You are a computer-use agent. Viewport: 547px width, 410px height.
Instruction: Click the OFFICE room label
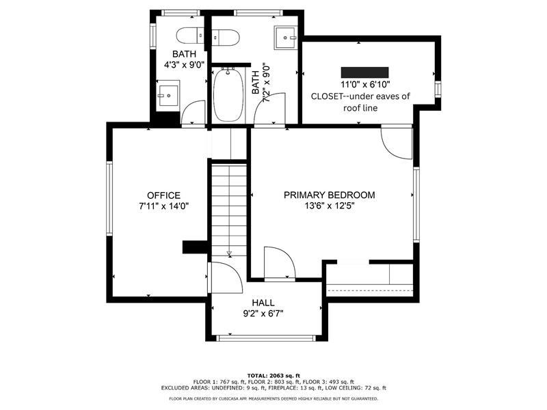click(163, 195)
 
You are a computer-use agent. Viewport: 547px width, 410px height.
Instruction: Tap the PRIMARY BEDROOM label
click(330, 195)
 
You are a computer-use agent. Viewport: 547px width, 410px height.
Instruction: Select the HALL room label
click(263, 303)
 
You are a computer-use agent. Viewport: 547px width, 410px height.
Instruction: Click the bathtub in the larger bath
click(228, 95)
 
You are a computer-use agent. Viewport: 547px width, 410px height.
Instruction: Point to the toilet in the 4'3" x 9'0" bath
click(190, 36)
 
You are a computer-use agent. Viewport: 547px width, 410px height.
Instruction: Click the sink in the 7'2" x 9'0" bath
click(285, 38)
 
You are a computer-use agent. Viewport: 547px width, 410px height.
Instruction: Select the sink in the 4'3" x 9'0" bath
click(168, 96)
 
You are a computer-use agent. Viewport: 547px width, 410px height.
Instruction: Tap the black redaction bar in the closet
click(364, 72)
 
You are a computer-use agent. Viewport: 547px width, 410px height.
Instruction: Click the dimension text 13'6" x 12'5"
click(330, 206)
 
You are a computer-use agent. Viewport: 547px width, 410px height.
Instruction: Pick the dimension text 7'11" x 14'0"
click(163, 206)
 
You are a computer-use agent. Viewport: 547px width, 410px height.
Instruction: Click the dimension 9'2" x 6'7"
click(263, 314)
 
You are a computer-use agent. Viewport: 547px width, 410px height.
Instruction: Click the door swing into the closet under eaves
click(397, 143)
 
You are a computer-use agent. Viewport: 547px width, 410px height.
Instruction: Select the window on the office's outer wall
click(109, 198)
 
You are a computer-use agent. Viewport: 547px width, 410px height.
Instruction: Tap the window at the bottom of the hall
click(266, 338)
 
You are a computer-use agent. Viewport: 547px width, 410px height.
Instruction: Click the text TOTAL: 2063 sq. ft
click(273, 375)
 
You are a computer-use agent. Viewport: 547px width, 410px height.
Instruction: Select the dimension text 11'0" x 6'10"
click(365, 84)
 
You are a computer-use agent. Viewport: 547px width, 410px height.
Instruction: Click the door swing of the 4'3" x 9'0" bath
click(194, 112)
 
